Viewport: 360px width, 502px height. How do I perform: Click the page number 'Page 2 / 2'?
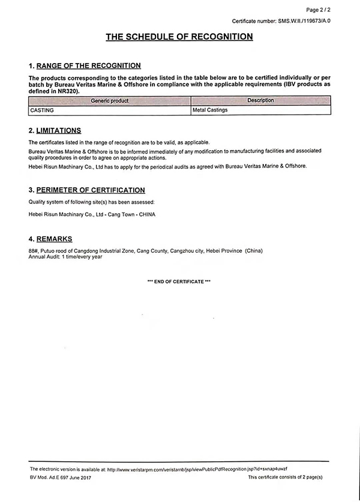[318, 10]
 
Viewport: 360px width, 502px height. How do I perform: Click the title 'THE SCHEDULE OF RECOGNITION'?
[179, 37]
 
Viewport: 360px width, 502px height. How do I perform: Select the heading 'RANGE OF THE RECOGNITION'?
[89, 65]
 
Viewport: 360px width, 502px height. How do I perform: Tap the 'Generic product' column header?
[110, 100]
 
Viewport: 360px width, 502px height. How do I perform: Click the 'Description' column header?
[260, 100]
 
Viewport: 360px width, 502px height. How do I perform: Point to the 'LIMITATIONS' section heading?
[59, 130]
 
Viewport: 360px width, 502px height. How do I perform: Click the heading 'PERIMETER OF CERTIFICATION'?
[91, 190]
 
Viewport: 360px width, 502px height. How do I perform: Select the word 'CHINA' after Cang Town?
[146, 214]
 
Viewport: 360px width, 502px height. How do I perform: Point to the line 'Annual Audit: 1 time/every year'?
[65, 256]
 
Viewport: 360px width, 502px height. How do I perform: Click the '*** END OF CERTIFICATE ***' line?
[179, 282]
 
